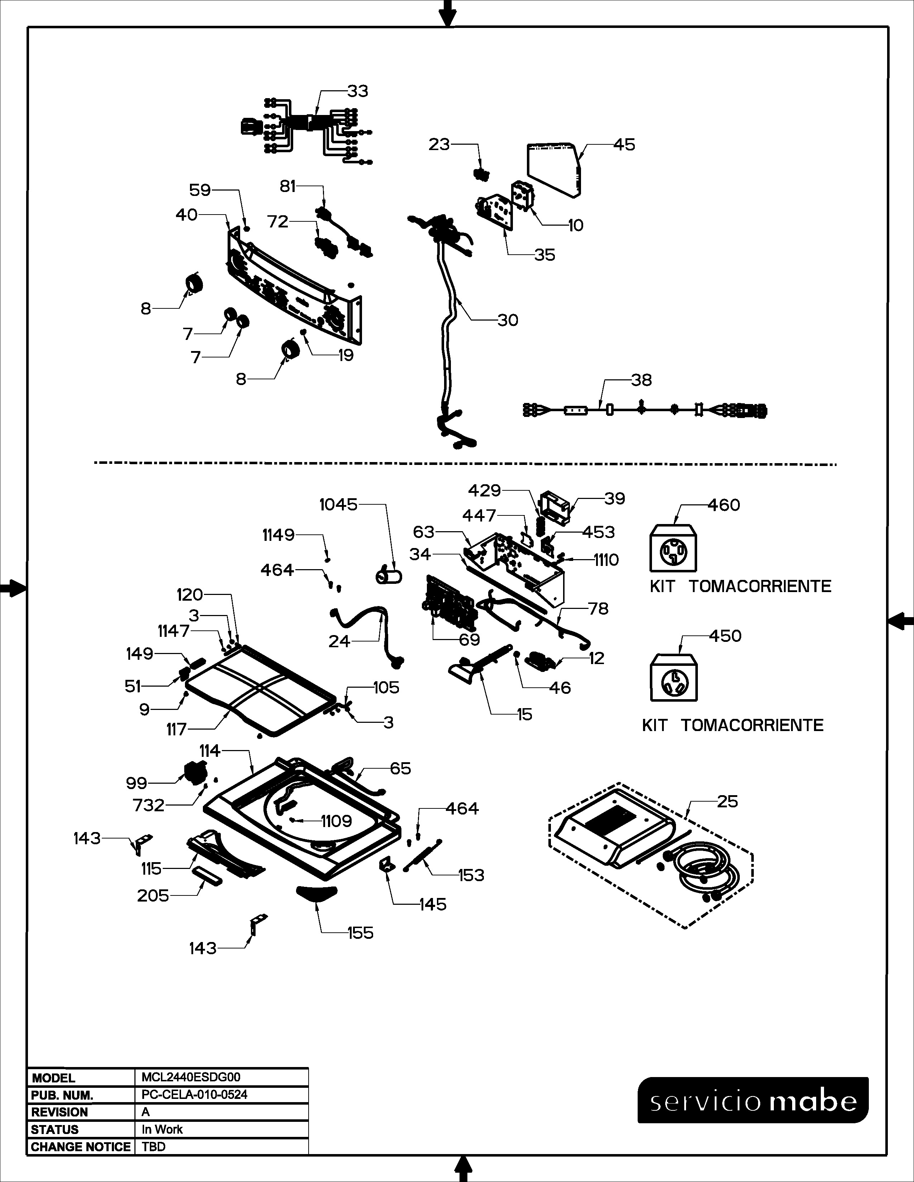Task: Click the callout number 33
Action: pos(357,91)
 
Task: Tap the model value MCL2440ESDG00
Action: pos(191,1077)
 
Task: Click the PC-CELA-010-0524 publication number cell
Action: pos(194,1094)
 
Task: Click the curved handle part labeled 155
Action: pos(317,893)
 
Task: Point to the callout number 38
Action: pos(641,380)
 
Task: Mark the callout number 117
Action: pos(176,730)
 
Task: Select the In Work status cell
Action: pos(162,1129)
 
